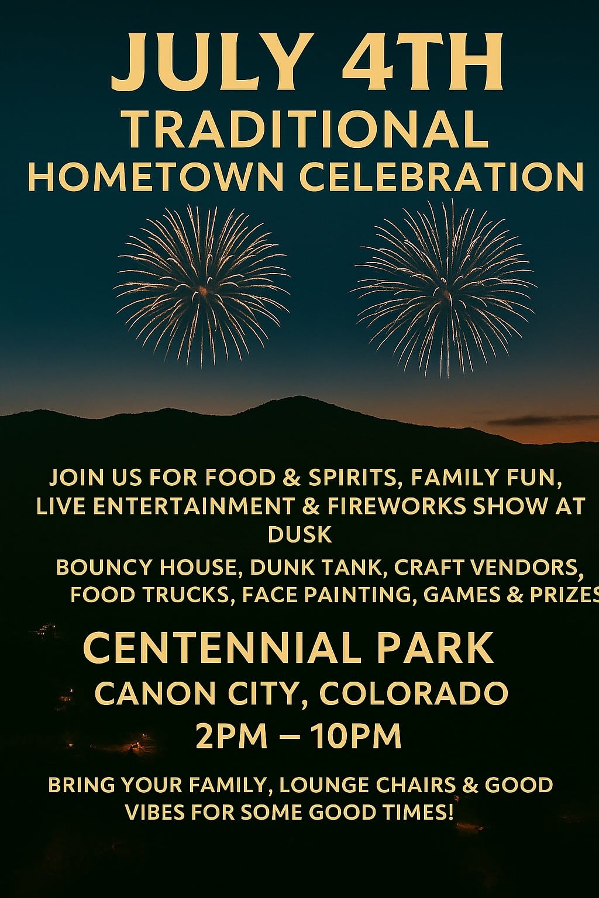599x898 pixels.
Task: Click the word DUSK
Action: click(299, 534)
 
